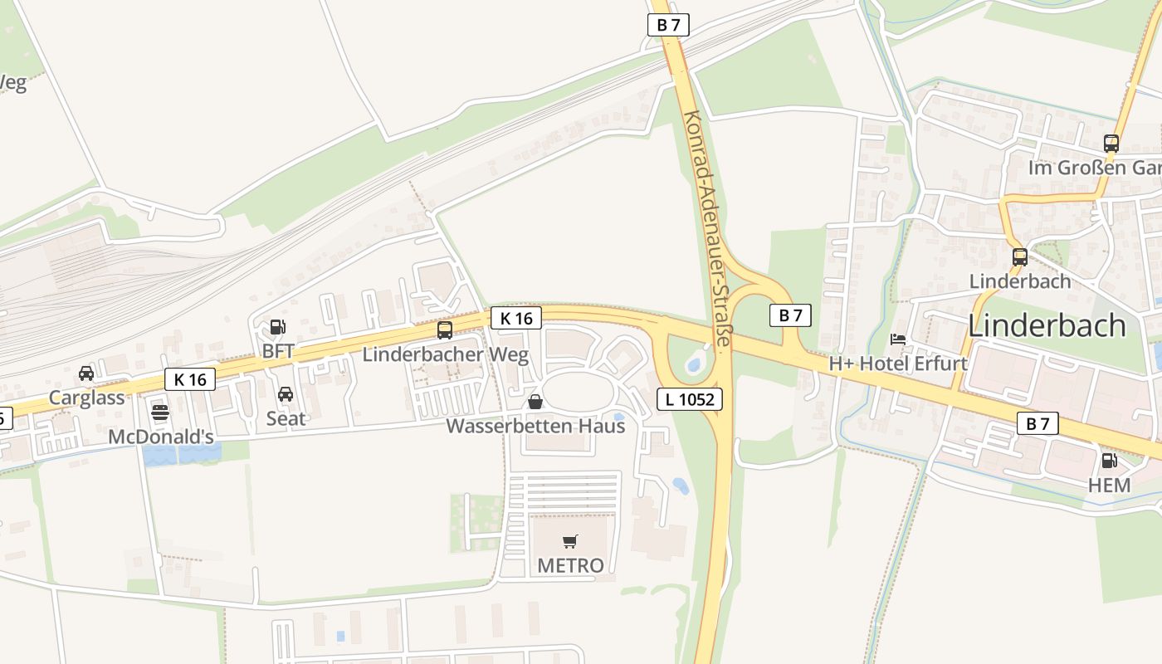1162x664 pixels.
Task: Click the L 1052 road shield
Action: [690, 399]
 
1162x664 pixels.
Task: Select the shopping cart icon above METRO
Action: [570, 542]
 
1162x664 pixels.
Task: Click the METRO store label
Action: [570, 565]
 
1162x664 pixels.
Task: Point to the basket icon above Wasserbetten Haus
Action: [535, 403]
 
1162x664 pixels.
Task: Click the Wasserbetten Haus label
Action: [535, 426]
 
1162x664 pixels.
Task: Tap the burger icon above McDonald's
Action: [160, 413]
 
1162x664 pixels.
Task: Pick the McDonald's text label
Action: [161, 437]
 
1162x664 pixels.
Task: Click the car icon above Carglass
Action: [86, 373]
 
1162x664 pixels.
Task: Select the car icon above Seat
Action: [286, 394]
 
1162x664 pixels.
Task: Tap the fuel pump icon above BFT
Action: [278, 328]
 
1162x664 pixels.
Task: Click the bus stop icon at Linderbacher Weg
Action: [445, 330]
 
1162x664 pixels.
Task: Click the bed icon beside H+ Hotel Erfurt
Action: [898, 339]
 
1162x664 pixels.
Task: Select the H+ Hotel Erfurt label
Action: [898, 364]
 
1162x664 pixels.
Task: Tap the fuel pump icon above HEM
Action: [1109, 461]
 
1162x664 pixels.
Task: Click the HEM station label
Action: [1109, 485]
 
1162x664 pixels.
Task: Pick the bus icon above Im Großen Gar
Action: [1111, 144]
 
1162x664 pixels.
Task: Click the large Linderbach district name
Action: [1047, 325]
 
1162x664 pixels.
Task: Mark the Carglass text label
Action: [86, 397]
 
